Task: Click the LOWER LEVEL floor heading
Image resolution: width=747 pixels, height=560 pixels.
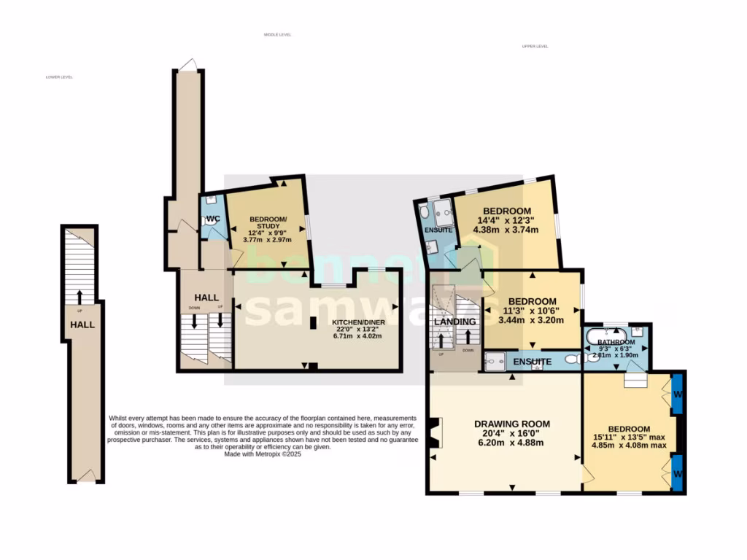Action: (59, 77)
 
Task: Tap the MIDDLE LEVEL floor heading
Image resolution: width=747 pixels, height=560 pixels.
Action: (277, 34)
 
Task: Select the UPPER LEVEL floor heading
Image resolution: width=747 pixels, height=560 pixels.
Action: (535, 46)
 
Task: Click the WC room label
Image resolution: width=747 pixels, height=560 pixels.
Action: (212, 218)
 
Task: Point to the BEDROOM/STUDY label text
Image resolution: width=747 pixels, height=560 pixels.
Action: (268, 224)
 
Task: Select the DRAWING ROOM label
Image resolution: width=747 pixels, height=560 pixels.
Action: (511, 424)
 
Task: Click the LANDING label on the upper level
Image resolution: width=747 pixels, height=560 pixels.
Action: (455, 322)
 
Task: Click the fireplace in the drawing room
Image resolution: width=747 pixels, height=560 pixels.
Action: (436, 433)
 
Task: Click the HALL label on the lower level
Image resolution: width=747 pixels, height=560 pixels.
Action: (82, 324)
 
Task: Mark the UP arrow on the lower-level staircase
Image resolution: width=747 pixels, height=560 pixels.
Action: (80, 296)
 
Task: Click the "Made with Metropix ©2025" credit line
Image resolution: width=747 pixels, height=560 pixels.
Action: (263, 454)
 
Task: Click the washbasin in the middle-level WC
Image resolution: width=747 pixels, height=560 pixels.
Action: (209, 200)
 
